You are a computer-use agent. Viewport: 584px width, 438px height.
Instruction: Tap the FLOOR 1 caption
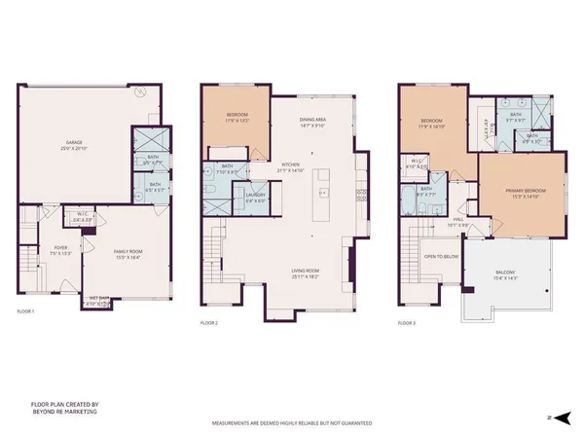click(25, 311)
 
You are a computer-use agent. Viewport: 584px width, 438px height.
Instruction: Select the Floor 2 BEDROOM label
click(231, 116)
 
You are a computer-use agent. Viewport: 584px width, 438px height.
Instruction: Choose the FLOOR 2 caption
click(209, 322)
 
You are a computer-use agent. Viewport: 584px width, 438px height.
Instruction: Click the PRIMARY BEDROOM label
click(522, 192)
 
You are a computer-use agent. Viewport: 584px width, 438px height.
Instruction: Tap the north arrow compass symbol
click(552, 416)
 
